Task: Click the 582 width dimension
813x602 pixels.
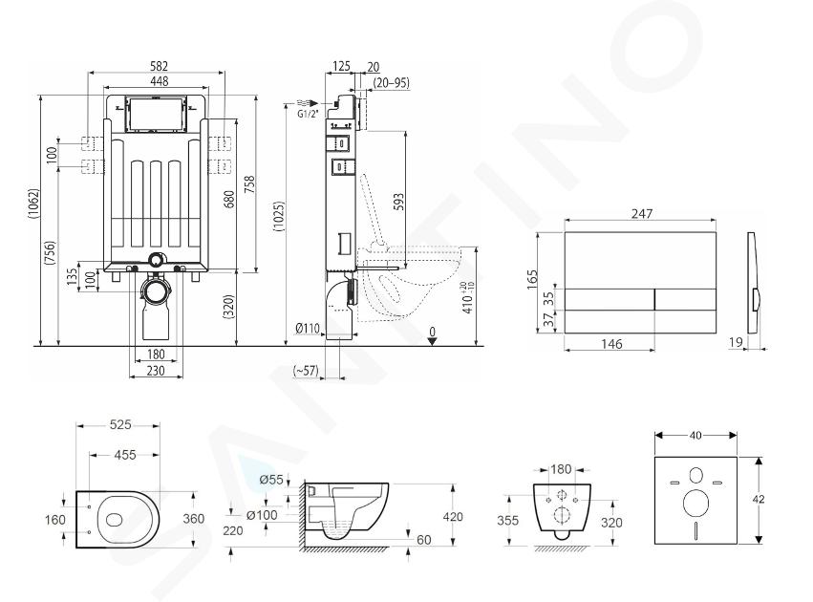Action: coord(159,66)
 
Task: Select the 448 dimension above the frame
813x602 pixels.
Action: coord(160,81)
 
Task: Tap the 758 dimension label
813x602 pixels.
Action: coord(249,186)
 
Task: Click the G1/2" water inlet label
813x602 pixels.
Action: coord(308,114)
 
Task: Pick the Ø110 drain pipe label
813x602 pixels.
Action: coord(308,328)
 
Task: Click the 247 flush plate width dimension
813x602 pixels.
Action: coord(642,213)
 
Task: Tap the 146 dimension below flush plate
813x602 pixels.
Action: coord(611,343)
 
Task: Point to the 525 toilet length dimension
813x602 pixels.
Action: coord(120,424)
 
